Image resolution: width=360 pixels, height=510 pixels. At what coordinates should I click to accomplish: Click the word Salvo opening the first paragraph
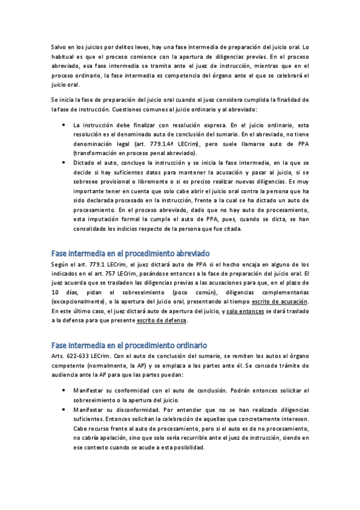point(59,46)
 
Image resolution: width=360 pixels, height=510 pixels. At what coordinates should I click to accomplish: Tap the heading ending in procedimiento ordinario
point(129,345)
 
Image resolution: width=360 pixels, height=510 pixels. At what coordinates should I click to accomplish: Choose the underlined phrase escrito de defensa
point(162,321)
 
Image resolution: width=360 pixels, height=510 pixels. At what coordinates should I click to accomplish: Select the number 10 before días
point(54,291)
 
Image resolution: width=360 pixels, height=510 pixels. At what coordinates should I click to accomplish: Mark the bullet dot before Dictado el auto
point(64,163)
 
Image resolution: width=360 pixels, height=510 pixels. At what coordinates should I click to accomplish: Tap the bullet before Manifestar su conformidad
point(64,390)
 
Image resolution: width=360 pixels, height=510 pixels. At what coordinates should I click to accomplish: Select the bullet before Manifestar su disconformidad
point(64,409)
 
